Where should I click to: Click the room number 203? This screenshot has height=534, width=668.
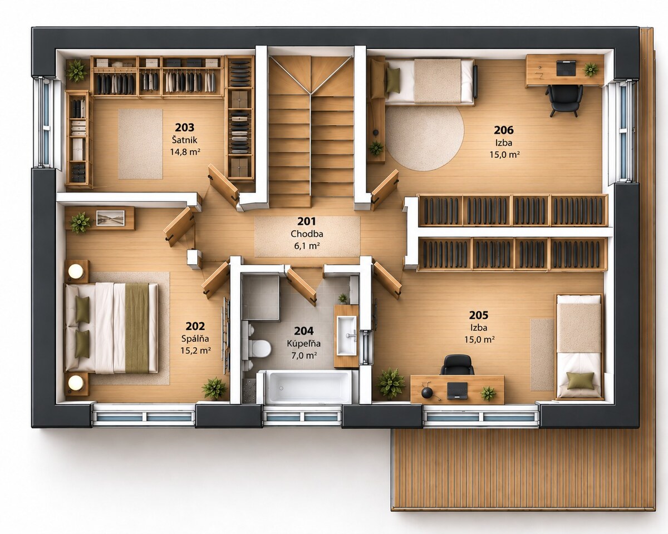185,127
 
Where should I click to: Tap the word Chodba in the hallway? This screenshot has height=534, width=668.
307,234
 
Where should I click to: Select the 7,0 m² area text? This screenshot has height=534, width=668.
304,355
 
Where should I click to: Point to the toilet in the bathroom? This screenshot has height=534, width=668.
259,348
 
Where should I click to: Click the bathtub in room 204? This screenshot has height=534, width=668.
310,387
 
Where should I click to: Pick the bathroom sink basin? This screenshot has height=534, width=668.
347,335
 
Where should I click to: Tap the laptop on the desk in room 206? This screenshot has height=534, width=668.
566,68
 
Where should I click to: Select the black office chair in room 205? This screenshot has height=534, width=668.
457,365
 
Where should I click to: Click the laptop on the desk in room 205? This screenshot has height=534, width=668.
457,390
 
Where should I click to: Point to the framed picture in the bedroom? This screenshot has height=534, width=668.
111,217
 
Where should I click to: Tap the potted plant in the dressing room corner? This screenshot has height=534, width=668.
76,71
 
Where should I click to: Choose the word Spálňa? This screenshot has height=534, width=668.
195,339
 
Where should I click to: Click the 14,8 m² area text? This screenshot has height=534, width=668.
185,152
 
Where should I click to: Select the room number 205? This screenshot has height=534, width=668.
479,315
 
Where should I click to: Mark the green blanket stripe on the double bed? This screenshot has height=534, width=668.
137,328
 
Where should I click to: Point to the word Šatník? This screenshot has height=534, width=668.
185,140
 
